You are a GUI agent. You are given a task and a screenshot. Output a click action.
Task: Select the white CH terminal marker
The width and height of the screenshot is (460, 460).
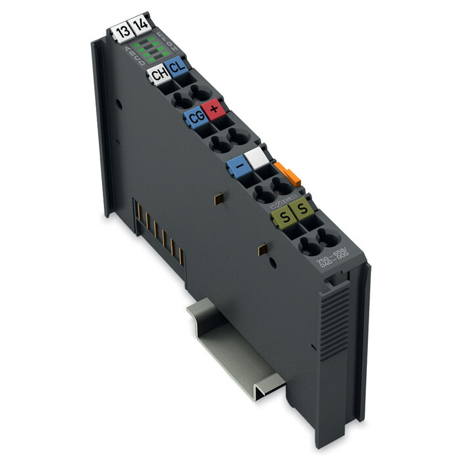pyautogui.click(x=158, y=74)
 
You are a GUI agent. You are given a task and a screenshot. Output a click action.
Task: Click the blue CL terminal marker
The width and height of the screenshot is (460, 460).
pyautogui.click(x=176, y=66)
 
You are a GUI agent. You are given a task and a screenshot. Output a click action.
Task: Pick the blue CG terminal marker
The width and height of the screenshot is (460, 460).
pyautogui.click(x=196, y=118)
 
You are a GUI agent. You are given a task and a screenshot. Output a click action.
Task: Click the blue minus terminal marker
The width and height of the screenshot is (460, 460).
pyautogui.click(x=237, y=167)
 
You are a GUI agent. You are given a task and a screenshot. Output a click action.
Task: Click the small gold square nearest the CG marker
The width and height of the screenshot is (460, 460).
pyautogui.click(x=218, y=196)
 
